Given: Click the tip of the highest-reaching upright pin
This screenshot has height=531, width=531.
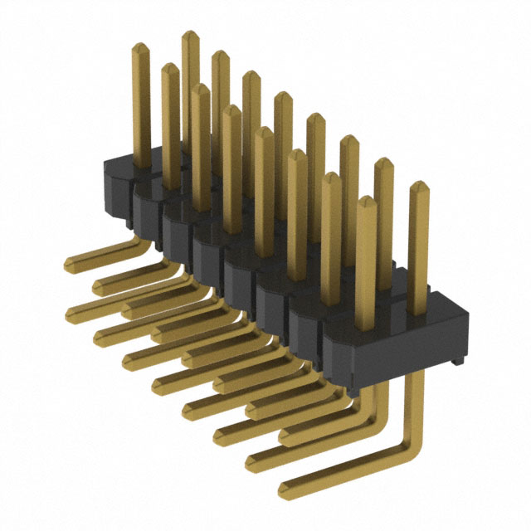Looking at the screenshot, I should [x=189, y=35].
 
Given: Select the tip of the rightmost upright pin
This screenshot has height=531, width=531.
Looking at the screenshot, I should [x=420, y=185].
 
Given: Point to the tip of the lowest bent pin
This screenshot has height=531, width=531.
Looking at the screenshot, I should [x=285, y=488].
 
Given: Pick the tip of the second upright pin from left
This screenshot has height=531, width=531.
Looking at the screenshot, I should [x=169, y=67].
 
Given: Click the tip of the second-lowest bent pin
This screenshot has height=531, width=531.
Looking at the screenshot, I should [x=251, y=458].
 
